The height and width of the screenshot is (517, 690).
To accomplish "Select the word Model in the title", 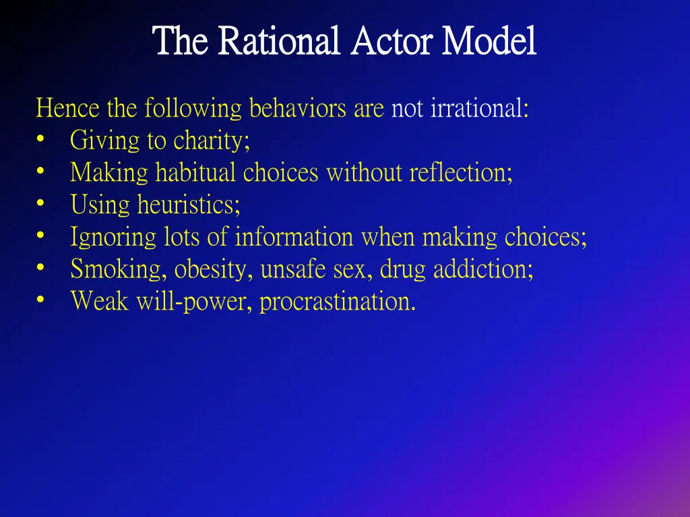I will (489, 42).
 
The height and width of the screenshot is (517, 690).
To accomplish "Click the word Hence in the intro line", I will (67, 108).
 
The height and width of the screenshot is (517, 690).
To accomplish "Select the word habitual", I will (196, 174).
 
